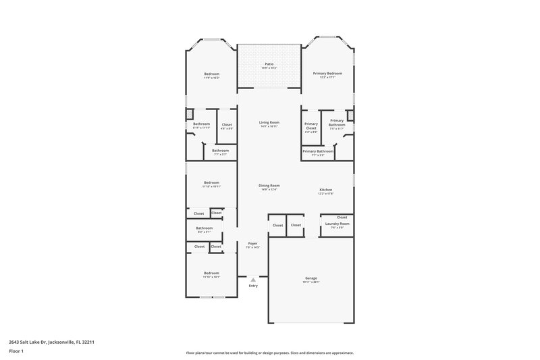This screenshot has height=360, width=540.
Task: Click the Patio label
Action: coord(269,64)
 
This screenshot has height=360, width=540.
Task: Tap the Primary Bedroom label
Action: coord(327,73)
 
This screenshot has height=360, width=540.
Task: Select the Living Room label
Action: coord(269,122)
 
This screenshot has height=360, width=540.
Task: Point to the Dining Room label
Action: coord(269,185)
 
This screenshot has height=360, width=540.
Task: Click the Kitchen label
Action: coord(326,190)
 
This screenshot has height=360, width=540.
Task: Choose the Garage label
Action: coord(310,278)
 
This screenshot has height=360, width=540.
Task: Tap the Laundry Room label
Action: coord(336,224)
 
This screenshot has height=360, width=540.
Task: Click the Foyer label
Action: coord(253,243)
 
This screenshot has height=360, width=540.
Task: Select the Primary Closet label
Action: coord(310,124)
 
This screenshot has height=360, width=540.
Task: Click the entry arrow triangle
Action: coord(253,279)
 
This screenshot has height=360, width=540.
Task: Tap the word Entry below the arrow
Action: coord(253,286)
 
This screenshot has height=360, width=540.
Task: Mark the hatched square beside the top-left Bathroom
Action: coord(190,113)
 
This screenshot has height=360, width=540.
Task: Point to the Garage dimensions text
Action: coord(310,282)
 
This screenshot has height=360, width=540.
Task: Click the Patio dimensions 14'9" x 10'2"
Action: coord(269,68)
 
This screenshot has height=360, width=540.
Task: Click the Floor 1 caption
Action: coord(18,351)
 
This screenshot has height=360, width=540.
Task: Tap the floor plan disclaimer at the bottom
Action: coord(269,353)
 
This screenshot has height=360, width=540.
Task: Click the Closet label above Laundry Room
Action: coord(342,217)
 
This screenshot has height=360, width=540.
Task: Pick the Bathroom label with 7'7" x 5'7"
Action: coord(221,151)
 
